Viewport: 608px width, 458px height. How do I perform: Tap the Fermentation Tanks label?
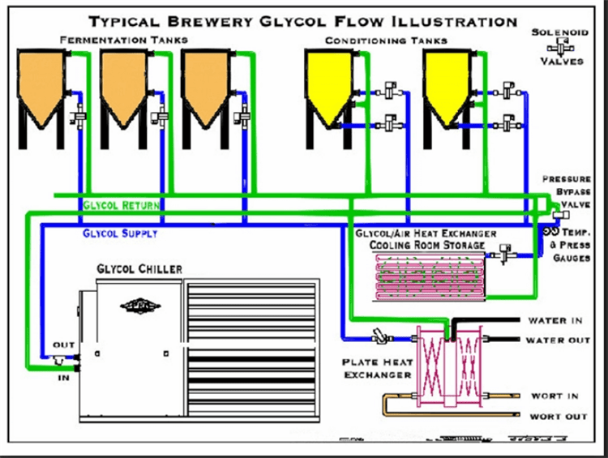click(x=124, y=39)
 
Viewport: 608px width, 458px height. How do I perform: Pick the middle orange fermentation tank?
click(x=126, y=85)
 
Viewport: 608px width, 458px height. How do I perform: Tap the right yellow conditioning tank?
click(x=446, y=85)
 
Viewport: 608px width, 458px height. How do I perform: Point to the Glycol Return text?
click(x=121, y=206)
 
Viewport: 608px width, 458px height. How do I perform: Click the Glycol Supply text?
click(x=120, y=233)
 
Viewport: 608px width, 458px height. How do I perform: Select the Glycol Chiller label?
click(x=139, y=268)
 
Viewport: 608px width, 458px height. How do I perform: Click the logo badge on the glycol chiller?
click(x=135, y=305)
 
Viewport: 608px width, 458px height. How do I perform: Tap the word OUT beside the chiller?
click(x=63, y=346)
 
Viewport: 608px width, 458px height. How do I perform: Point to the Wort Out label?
click(x=559, y=417)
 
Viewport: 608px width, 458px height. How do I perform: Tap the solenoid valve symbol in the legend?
click(x=559, y=47)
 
